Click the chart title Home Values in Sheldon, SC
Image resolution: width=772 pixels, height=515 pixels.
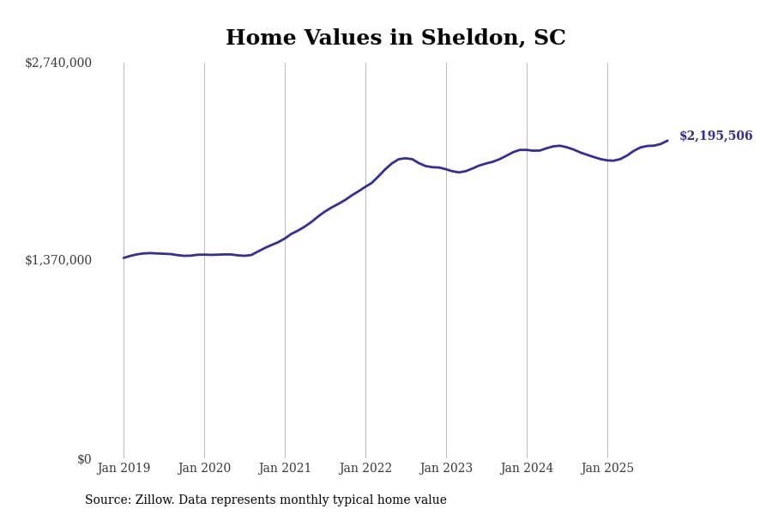coord(395,39)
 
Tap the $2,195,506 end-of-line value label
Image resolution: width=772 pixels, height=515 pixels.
coord(715,136)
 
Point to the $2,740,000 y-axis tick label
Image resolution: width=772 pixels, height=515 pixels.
coord(58,63)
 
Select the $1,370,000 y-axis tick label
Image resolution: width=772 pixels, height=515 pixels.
coord(58,260)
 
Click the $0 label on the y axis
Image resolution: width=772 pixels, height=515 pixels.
coord(84,459)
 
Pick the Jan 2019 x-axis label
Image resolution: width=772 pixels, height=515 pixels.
coord(124,468)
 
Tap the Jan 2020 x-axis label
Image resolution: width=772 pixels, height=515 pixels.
coord(204,468)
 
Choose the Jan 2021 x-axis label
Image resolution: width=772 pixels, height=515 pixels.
coord(285,468)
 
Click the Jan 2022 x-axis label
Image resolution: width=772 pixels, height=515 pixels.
coord(365,468)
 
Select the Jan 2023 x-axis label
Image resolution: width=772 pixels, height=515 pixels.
coord(446,468)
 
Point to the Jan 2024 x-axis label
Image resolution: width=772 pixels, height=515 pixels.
coord(527,468)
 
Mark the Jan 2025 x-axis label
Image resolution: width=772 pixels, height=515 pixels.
coord(607,468)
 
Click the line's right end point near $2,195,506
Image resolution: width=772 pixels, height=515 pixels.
coord(667,141)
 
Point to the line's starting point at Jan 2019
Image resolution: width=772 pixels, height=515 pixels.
coord(124,257)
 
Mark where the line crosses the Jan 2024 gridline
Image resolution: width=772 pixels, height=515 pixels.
coord(527,150)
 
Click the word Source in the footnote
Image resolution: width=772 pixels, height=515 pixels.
coord(107,500)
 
